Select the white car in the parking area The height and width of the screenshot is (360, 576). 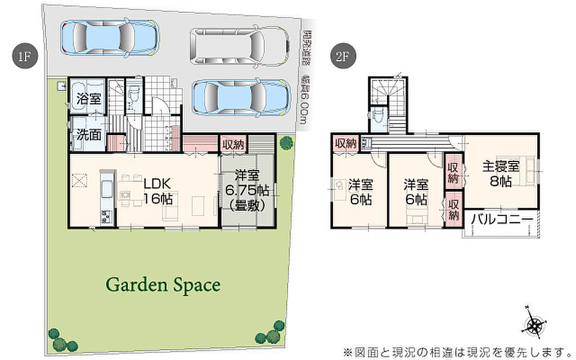[x=239, y=46]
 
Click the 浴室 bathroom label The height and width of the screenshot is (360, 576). [x=89, y=98]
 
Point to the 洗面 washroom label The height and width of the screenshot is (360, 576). [x=89, y=134]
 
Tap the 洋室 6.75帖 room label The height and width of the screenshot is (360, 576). [x=247, y=190]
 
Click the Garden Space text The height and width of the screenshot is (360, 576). [x=163, y=285]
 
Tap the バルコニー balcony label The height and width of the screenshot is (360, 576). [x=502, y=219]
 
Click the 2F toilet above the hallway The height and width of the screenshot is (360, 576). [x=377, y=118]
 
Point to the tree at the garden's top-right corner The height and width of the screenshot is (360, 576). [x=286, y=142]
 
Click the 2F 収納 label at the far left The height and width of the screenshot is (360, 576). [x=345, y=143]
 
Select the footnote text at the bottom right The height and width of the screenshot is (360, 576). [x=455, y=352]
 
